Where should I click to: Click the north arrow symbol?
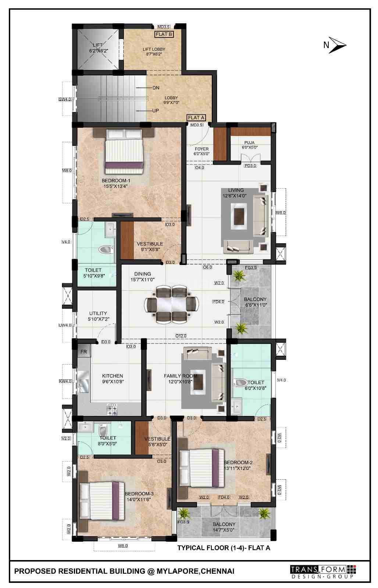[337, 45]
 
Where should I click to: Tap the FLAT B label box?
[164, 34]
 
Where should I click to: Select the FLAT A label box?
[196, 118]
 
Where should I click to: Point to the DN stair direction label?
[156, 88]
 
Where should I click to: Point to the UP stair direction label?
[156, 111]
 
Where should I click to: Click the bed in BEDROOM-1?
[124, 151]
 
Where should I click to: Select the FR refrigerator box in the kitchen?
[84, 352]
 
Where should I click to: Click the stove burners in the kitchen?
[112, 409]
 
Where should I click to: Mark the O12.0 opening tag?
[181, 336]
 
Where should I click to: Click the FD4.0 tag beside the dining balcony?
[218, 302]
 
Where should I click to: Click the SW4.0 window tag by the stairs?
[65, 99]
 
